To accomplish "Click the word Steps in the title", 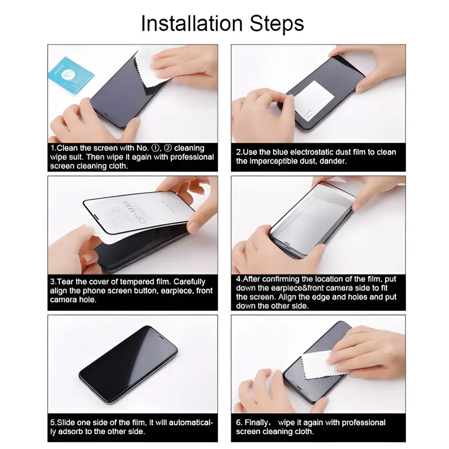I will tap(277, 24).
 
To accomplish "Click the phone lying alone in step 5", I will tap(129, 359).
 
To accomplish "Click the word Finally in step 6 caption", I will tap(257, 423).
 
